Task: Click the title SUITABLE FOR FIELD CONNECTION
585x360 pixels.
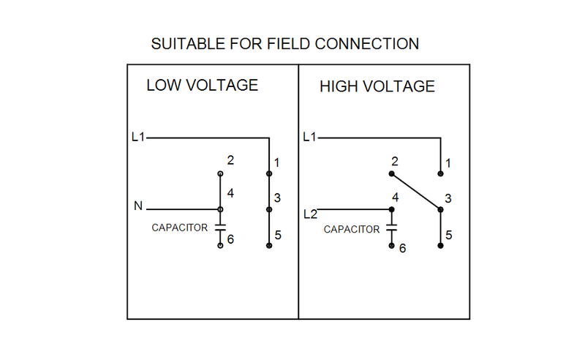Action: tap(284, 44)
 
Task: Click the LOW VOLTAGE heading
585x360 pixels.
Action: tap(202, 85)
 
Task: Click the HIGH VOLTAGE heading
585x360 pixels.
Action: tap(377, 87)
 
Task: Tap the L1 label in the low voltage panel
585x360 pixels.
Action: tap(137, 137)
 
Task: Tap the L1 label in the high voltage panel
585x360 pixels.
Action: tap(309, 137)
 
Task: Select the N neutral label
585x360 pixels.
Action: tap(137, 207)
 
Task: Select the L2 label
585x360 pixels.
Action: tap(310, 214)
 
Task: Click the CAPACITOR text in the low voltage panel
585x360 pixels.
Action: tap(180, 228)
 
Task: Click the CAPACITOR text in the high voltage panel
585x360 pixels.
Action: tap(352, 229)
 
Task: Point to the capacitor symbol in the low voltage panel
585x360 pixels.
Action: tap(220, 227)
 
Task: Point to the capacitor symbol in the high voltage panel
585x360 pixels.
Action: tap(391, 229)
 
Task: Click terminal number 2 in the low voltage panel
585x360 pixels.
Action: tap(230, 160)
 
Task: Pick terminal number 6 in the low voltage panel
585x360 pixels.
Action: tap(230, 239)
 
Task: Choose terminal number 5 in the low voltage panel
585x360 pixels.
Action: tap(277, 235)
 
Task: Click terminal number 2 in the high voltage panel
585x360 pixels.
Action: tap(394, 161)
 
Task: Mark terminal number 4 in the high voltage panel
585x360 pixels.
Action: tap(395, 198)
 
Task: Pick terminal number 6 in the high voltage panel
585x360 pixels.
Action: tap(401, 249)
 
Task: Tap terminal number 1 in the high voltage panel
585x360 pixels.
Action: tap(448, 162)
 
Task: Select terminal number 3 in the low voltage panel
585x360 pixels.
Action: tap(277, 198)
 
